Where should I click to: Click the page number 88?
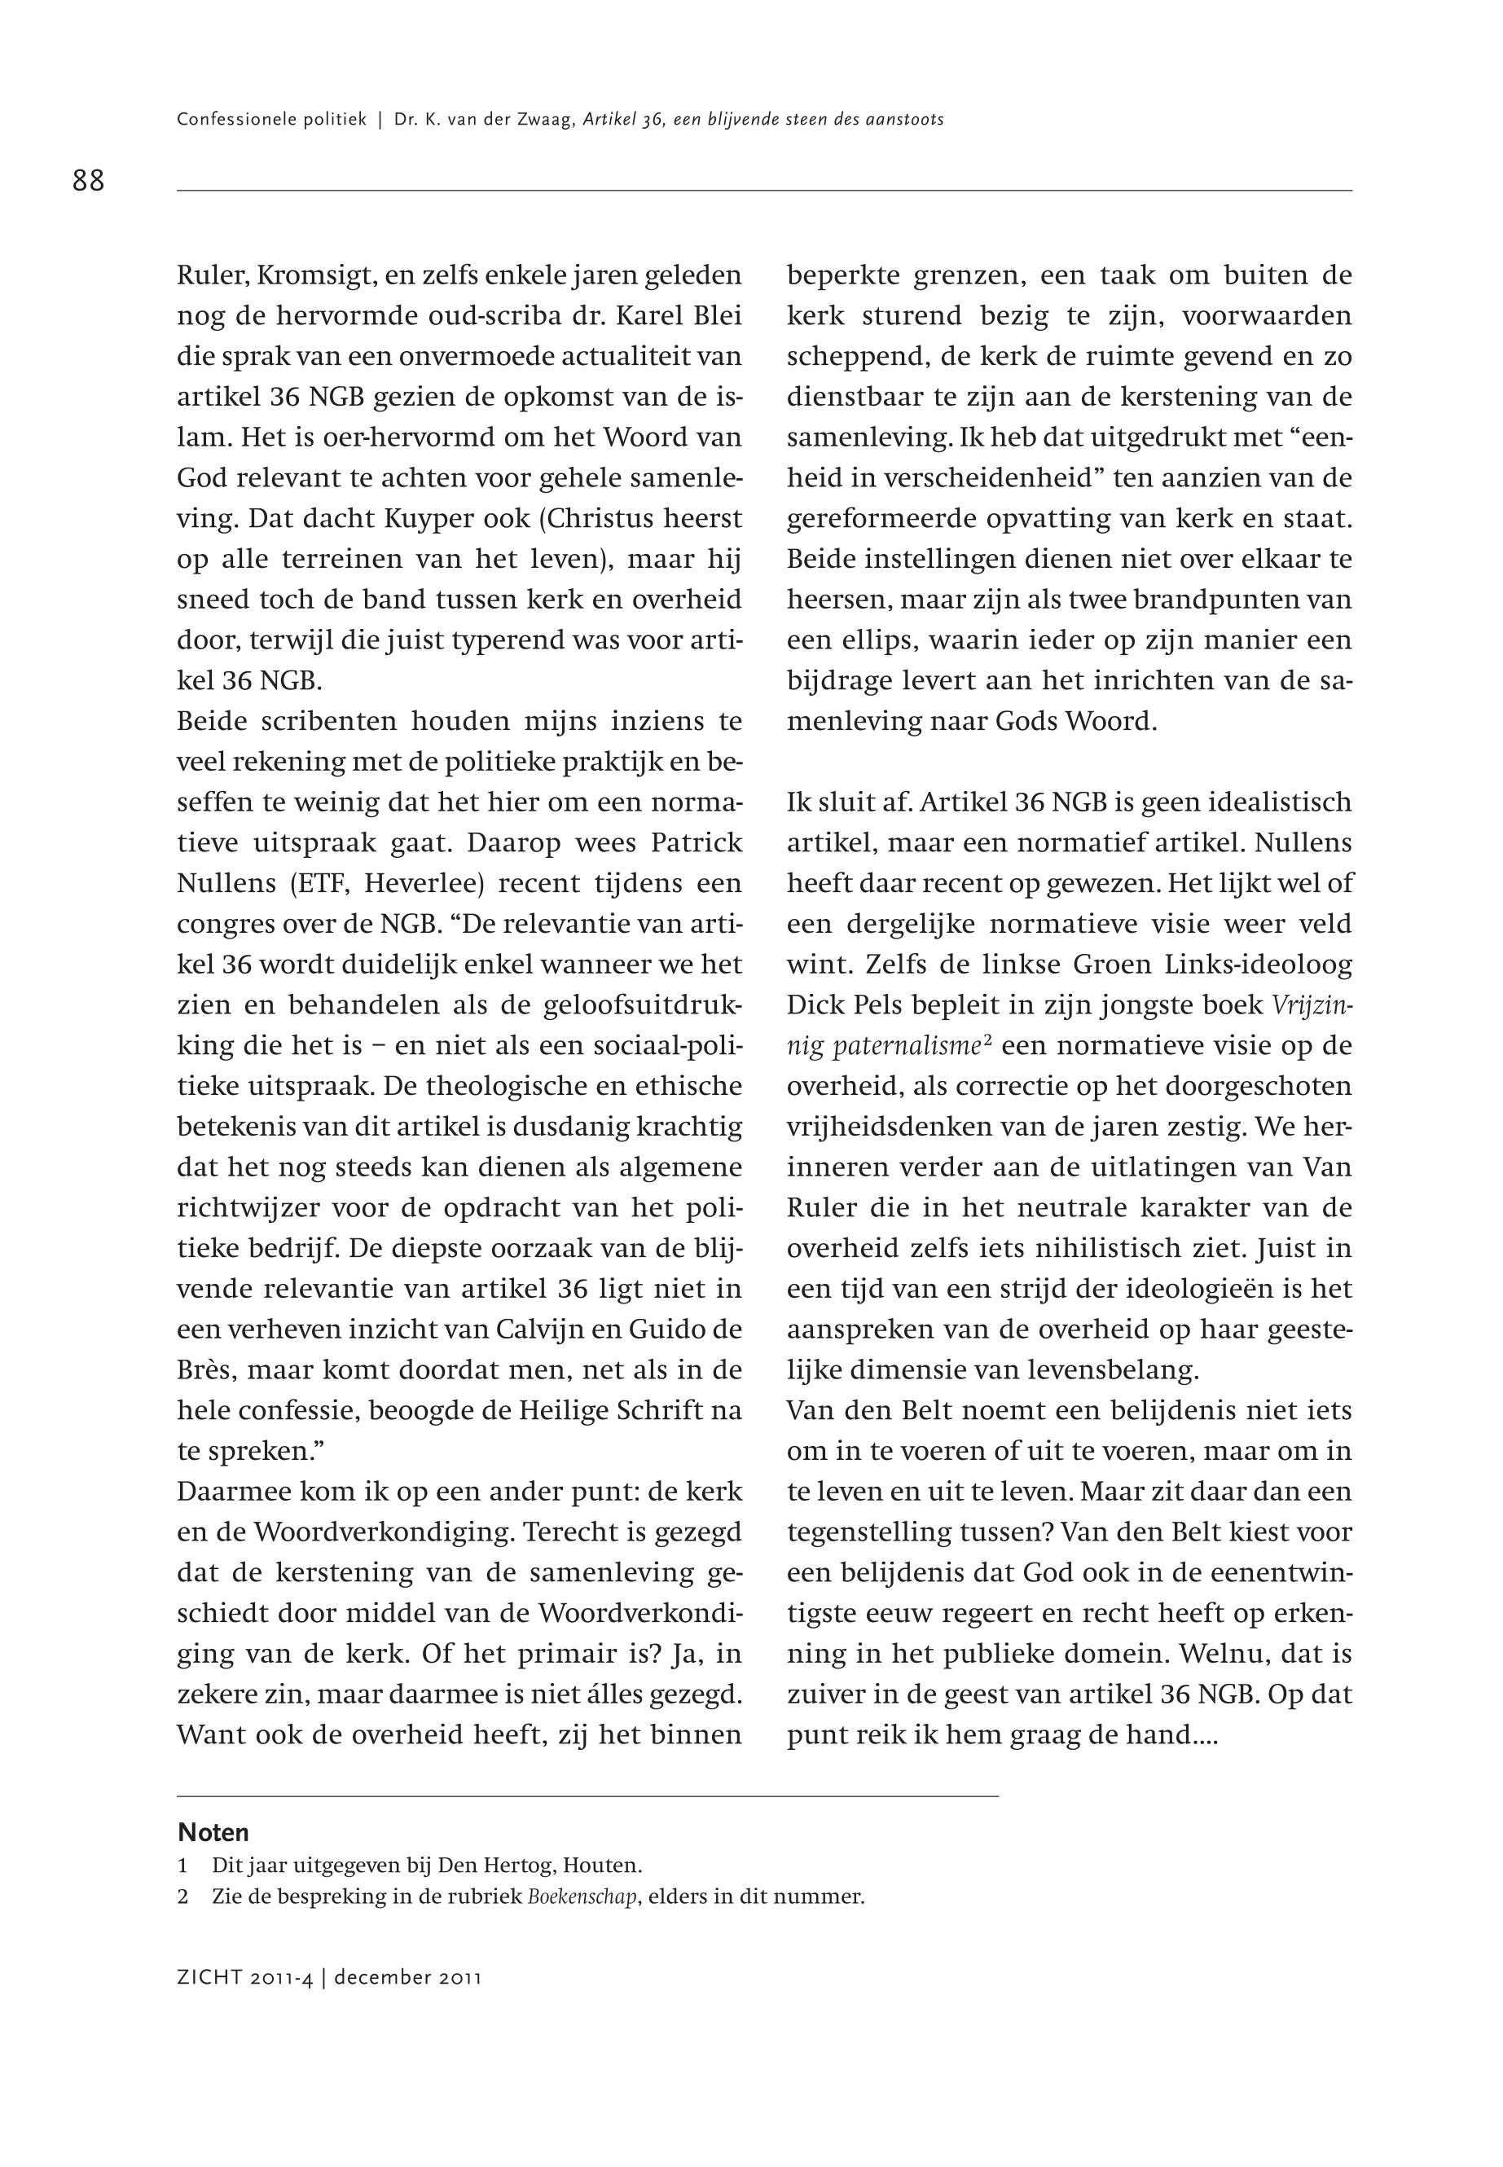point(89,180)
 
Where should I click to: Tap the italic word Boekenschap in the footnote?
point(584,1896)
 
